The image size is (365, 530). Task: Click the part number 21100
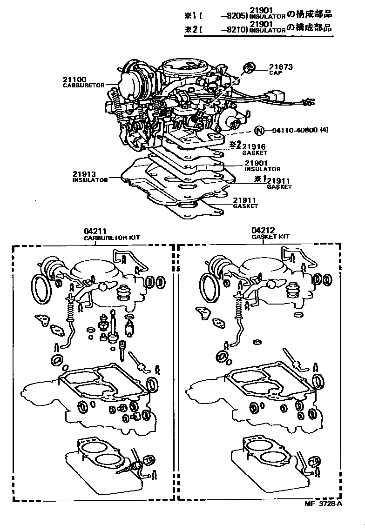(74, 79)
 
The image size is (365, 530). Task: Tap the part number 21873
(281, 67)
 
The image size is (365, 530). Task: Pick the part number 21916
(254, 146)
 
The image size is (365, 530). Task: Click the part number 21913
(84, 174)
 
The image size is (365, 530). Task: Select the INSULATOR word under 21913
(90, 180)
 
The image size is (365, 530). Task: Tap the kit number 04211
(95, 231)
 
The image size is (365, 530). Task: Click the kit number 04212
(263, 230)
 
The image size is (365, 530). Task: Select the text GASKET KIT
(270, 237)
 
